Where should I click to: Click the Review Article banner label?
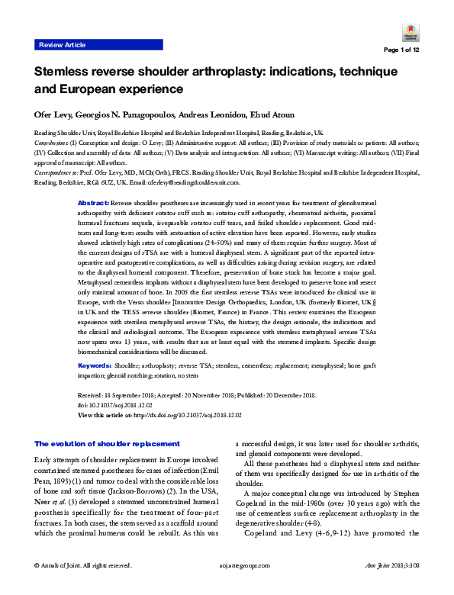tap(63, 46)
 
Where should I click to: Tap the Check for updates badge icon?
tap(410, 31)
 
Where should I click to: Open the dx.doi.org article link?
tap(191, 414)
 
